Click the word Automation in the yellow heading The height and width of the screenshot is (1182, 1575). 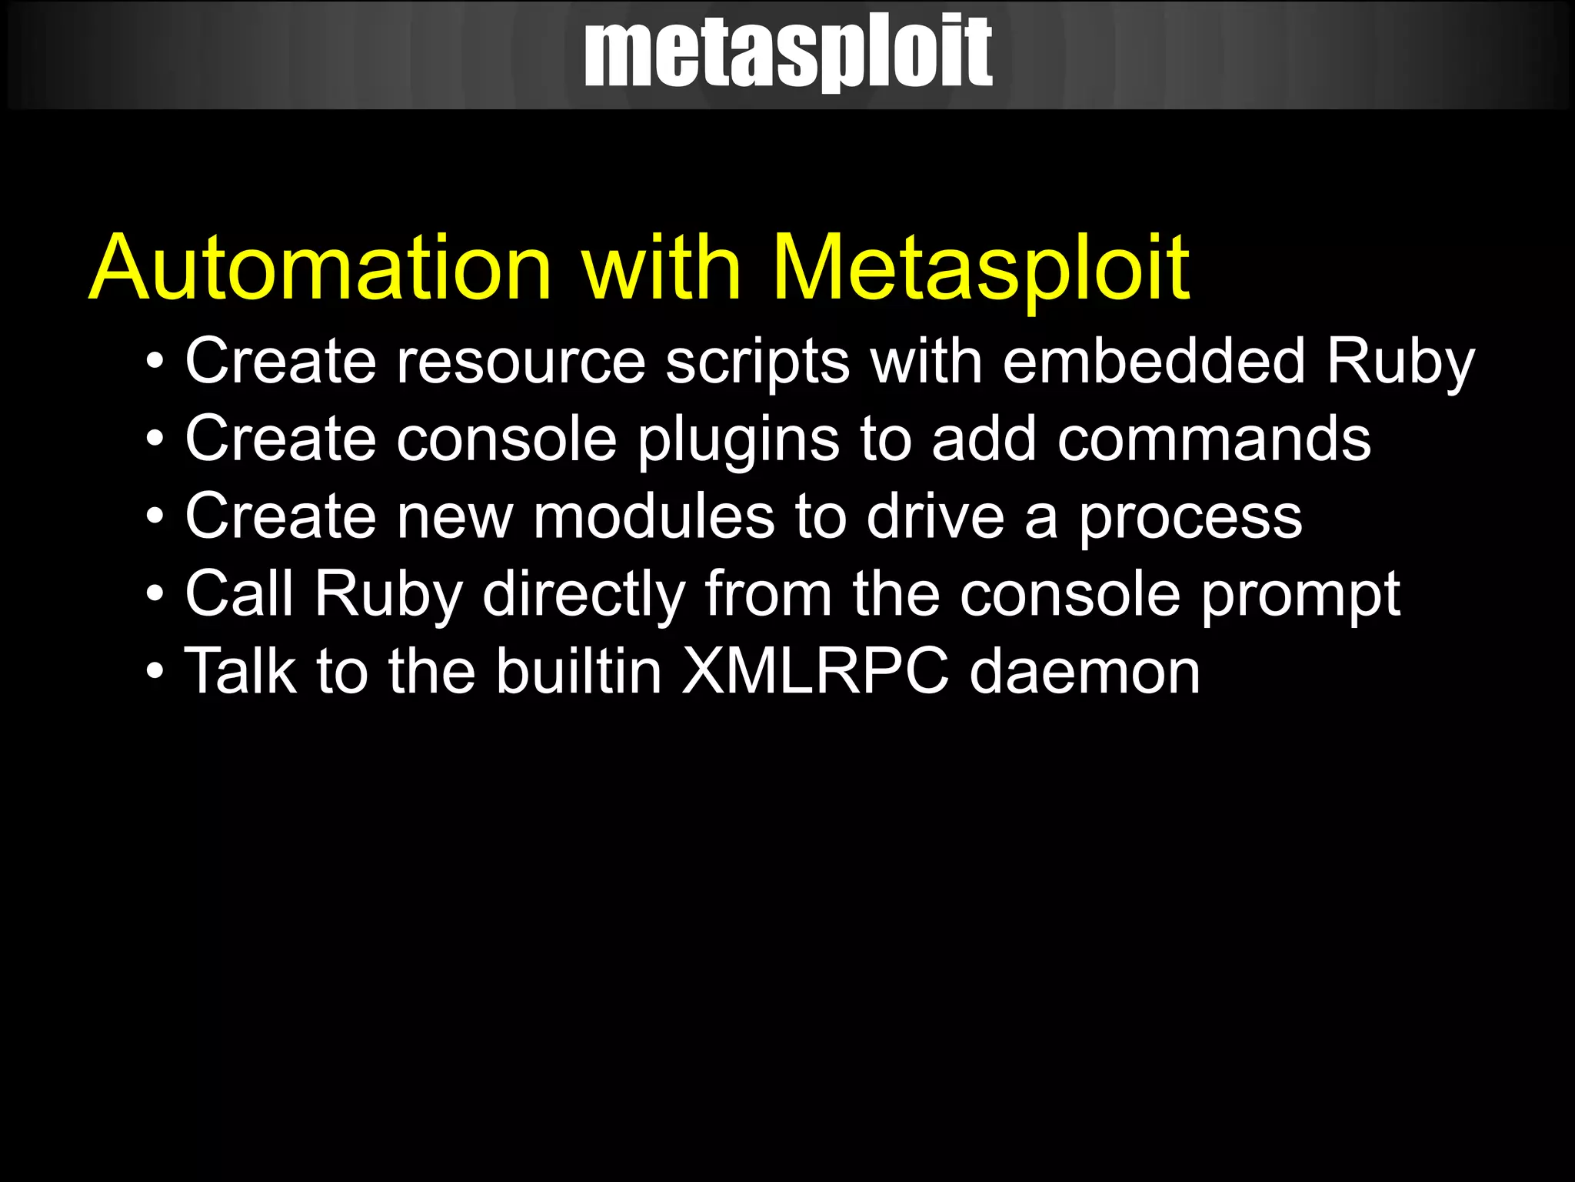(x=321, y=268)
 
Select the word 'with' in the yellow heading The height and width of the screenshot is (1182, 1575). (x=661, y=268)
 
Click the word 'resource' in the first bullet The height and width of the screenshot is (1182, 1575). (x=521, y=362)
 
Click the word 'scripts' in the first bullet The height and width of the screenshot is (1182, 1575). (x=758, y=362)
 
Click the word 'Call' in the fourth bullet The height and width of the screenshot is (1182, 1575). (x=239, y=594)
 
